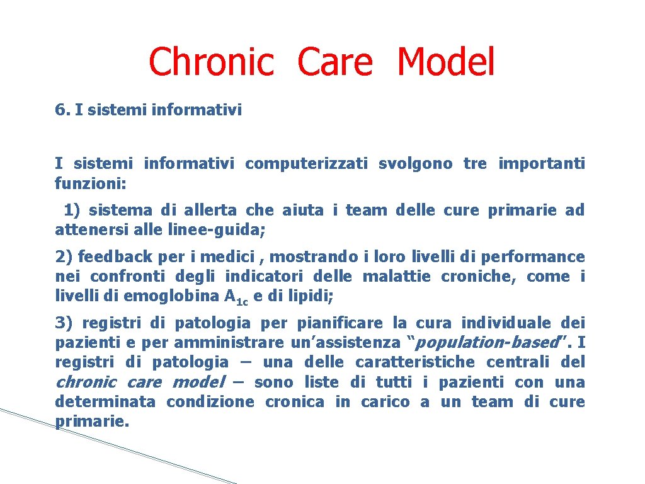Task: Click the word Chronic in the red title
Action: tap(211, 62)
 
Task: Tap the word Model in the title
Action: tap(446, 62)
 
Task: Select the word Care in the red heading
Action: tap(335, 62)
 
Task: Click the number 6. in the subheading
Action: tap(62, 110)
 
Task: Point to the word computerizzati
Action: tap(306, 164)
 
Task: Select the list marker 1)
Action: tap(72, 210)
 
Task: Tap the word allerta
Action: tap(210, 210)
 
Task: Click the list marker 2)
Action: tap(64, 256)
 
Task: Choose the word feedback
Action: tap(115, 256)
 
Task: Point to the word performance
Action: tap(540, 256)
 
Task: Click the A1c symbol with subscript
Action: tap(236, 297)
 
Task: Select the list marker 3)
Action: tap(64, 323)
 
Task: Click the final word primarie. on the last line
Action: tap(92, 422)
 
